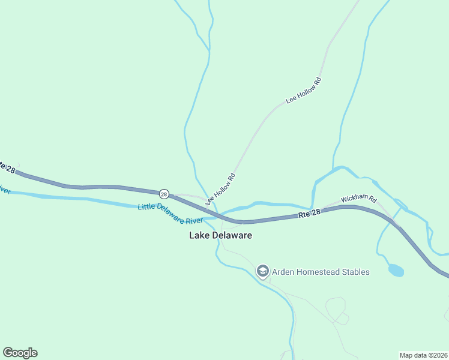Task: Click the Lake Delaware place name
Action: (220, 235)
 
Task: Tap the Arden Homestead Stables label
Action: (321, 272)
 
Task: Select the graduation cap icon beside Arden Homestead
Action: (262, 272)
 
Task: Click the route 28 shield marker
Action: (164, 194)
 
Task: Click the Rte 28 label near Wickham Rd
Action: (310, 214)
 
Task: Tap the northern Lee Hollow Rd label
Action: (304, 91)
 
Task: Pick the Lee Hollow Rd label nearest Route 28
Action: (220, 189)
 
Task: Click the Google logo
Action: (20, 353)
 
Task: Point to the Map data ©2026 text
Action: (423, 355)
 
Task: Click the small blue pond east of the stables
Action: (396, 270)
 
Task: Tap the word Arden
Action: (284, 272)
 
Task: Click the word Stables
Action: (355, 272)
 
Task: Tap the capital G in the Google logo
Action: (8, 352)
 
